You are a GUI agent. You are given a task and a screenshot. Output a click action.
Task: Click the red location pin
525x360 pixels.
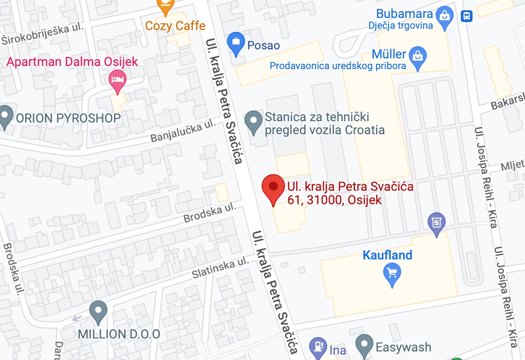click(x=273, y=188)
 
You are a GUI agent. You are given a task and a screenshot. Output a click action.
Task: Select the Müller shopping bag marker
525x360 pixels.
click(x=418, y=57)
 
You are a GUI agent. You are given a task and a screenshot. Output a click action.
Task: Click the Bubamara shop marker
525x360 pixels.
click(x=445, y=16)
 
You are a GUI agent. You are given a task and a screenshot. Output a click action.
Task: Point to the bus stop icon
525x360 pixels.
click(x=467, y=16)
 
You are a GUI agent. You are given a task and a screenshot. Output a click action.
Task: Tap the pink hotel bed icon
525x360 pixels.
click(x=118, y=80)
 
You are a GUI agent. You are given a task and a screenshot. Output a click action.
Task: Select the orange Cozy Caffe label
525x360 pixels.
click(x=175, y=26)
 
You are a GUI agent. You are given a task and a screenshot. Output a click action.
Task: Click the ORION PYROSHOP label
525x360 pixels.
click(x=68, y=118)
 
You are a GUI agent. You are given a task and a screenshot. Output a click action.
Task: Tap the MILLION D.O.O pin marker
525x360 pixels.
click(x=98, y=311)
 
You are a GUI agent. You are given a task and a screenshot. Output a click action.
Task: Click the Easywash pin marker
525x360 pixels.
click(x=364, y=345)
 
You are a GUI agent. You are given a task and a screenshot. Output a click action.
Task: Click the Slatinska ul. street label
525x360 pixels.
click(x=220, y=268)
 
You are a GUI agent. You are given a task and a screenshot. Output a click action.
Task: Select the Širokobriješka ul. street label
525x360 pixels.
click(x=43, y=34)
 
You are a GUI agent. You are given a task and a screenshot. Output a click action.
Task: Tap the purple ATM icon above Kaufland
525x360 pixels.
click(x=436, y=222)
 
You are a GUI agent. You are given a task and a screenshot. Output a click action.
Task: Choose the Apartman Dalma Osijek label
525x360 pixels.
click(x=71, y=61)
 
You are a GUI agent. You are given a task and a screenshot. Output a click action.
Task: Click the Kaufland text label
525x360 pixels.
click(x=387, y=255)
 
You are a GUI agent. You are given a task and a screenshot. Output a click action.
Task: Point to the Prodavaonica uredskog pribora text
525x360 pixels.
click(x=337, y=66)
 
